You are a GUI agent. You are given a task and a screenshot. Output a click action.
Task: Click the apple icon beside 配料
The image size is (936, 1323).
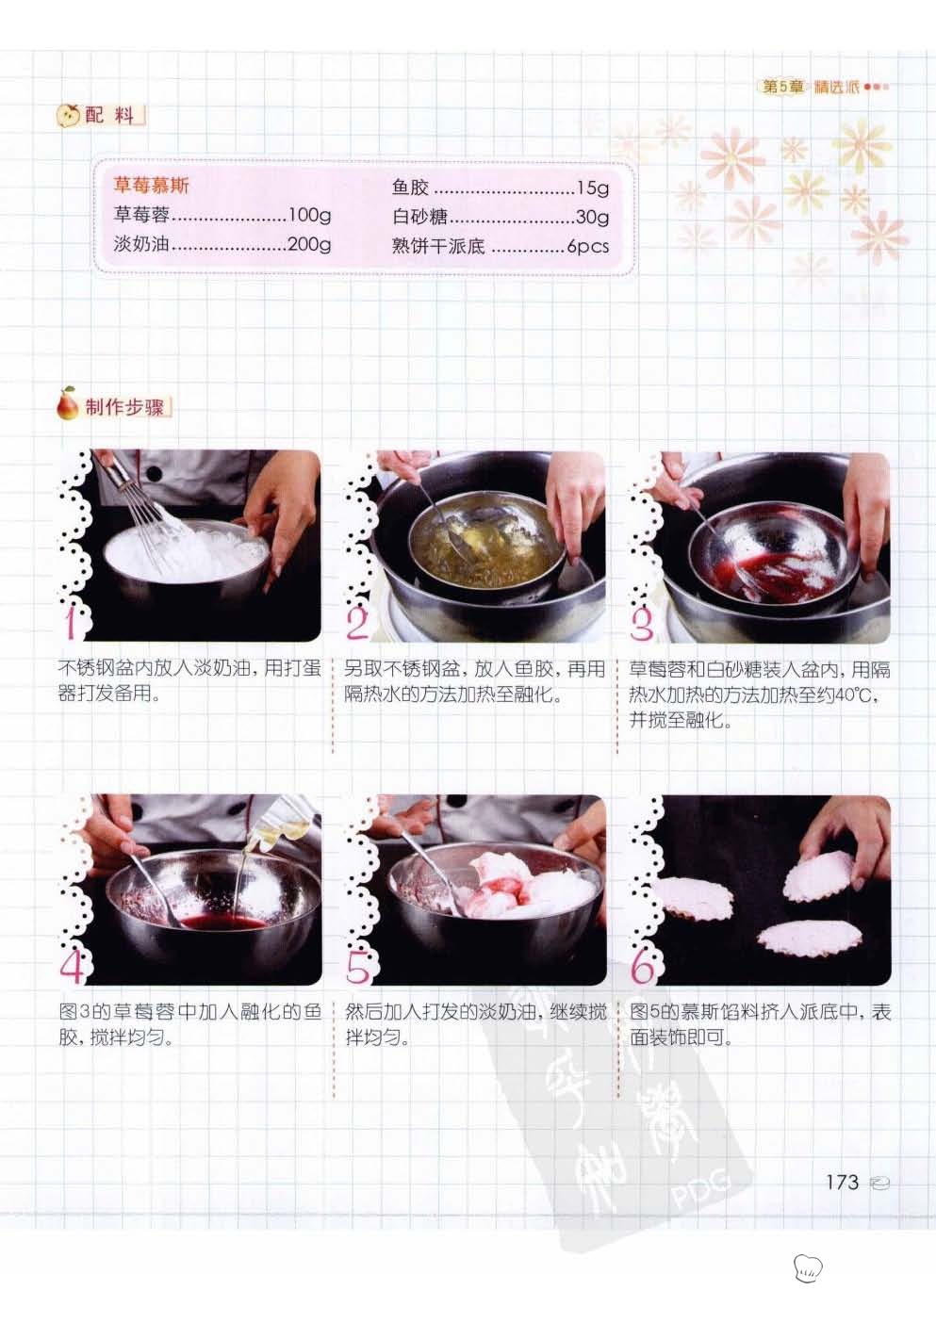[68, 115]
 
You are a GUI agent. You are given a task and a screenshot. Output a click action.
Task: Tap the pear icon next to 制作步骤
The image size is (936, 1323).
[67, 403]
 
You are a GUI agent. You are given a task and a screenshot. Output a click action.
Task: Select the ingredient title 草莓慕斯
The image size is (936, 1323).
[151, 186]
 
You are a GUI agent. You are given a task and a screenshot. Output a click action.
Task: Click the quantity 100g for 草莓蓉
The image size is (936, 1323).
[309, 215]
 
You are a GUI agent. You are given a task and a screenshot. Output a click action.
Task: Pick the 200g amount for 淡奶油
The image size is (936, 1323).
[309, 244]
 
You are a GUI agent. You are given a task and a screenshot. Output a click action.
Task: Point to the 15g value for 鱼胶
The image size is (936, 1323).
[593, 188]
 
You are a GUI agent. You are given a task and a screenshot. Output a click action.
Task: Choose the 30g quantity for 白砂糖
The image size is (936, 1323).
[592, 218]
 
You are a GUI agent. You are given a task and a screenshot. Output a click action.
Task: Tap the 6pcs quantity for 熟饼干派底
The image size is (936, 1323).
[587, 246]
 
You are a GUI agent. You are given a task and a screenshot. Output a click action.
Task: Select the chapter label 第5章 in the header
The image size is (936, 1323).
[782, 87]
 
